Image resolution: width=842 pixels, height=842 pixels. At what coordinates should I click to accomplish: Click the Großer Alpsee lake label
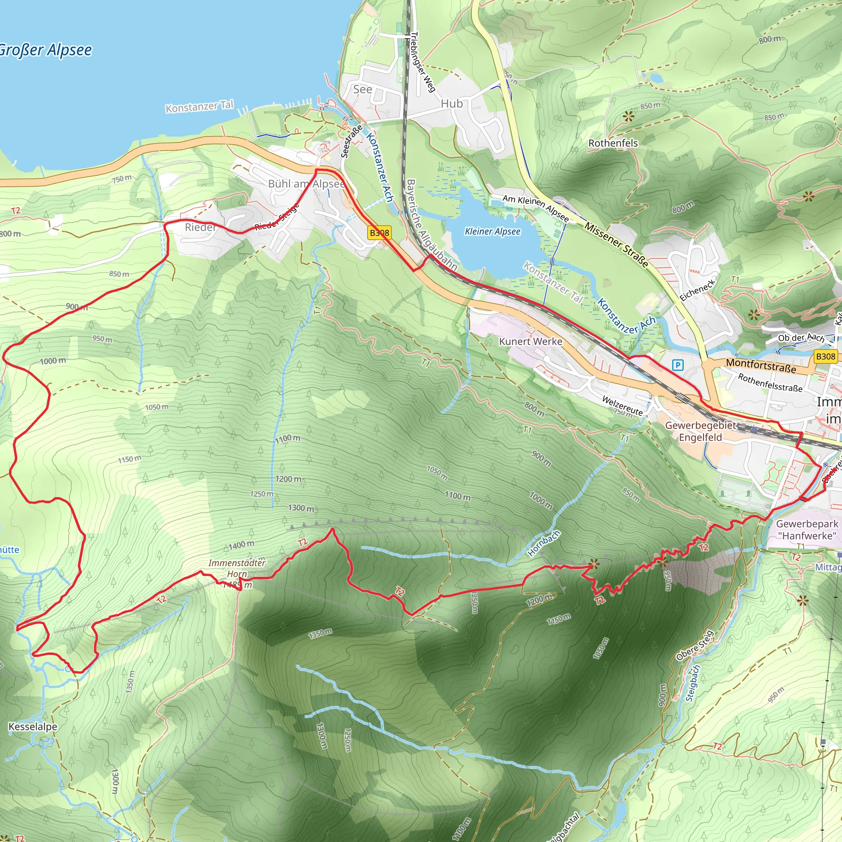(x=46, y=50)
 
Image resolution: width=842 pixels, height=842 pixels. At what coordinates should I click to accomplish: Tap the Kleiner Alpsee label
(x=493, y=231)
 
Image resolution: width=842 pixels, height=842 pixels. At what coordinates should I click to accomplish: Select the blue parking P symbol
(x=677, y=365)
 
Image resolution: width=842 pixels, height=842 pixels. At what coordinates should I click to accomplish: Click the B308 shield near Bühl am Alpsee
(x=379, y=233)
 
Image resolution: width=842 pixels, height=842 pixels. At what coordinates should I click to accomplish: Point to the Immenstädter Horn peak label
(x=237, y=568)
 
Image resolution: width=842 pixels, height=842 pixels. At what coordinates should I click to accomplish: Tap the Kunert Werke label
(x=530, y=341)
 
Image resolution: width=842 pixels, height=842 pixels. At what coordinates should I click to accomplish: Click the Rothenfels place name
(x=613, y=143)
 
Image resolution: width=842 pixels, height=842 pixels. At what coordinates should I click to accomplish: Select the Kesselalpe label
(x=33, y=726)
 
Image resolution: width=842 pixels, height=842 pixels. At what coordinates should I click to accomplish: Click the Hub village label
(x=451, y=104)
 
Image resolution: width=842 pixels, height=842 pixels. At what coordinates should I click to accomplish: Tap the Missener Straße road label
(x=616, y=244)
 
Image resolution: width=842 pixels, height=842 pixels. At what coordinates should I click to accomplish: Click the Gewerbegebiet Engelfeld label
(x=700, y=431)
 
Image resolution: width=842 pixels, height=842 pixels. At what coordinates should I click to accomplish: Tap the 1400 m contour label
(x=241, y=545)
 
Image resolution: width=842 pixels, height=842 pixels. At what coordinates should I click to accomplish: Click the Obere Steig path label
(x=695, y=645)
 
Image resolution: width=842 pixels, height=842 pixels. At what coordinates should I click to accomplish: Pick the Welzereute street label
(x=622, y=405)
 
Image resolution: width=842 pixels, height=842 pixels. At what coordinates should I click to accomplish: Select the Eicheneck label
(x=697, y=290)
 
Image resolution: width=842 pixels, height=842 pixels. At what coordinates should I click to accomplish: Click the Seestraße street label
(x=351, y=141)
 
